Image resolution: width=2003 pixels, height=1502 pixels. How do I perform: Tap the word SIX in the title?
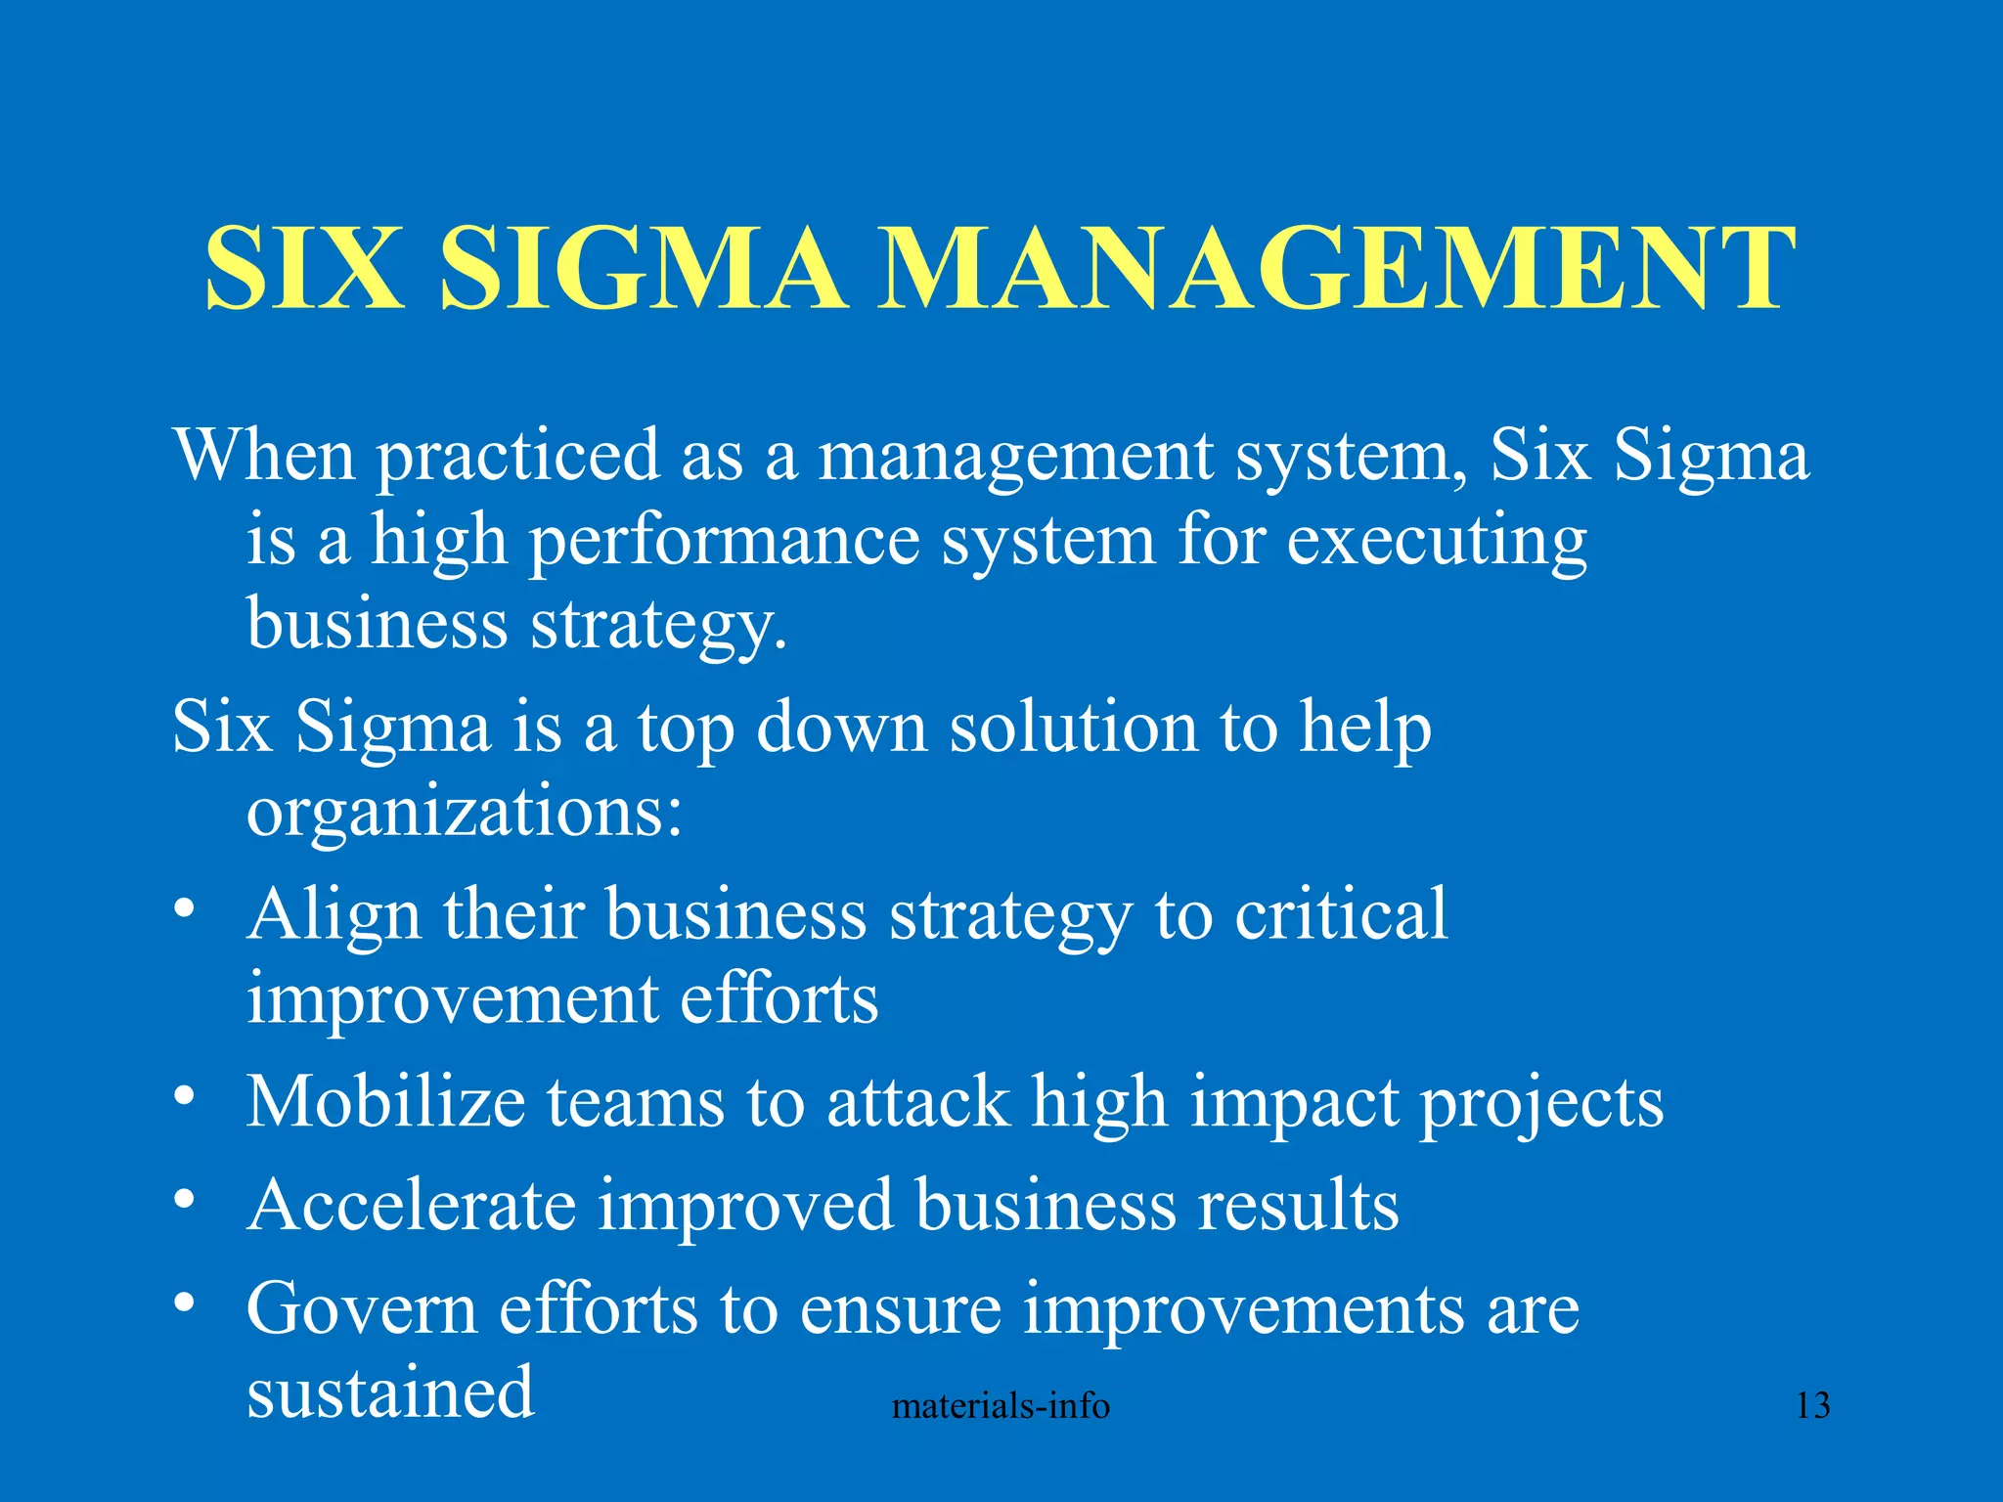pyautogui.click(x=304, y=269)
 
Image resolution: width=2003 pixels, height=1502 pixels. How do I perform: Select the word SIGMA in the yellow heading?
pyautogui.click(x=643, y=269)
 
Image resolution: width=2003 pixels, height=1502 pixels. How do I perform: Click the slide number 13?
pyautogui.click(x=1812, y=1406)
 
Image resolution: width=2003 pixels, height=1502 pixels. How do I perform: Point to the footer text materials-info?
pyautogui.click(x=1001, y=1406)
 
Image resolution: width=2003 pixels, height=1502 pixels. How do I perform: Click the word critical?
pyautogui.click(x=1340, y=914)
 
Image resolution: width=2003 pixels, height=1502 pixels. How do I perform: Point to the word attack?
pyautogui.click(x=917, y=1102)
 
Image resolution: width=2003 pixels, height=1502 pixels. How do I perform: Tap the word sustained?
pyautogui.click(x=390, y=1392)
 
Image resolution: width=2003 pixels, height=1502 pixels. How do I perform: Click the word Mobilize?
pyautogui.click(x=385, y=1102)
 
